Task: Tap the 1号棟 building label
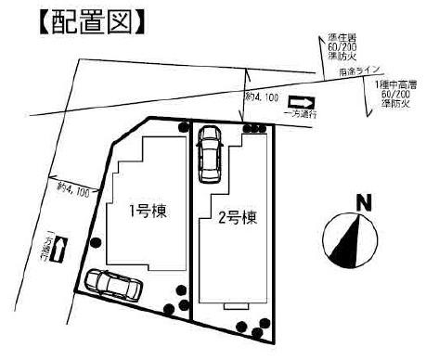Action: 147,210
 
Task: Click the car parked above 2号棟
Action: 209,152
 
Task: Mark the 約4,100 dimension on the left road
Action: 73,189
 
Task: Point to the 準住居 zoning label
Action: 342,38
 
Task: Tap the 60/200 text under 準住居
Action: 344,47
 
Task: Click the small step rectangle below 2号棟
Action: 235,303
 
